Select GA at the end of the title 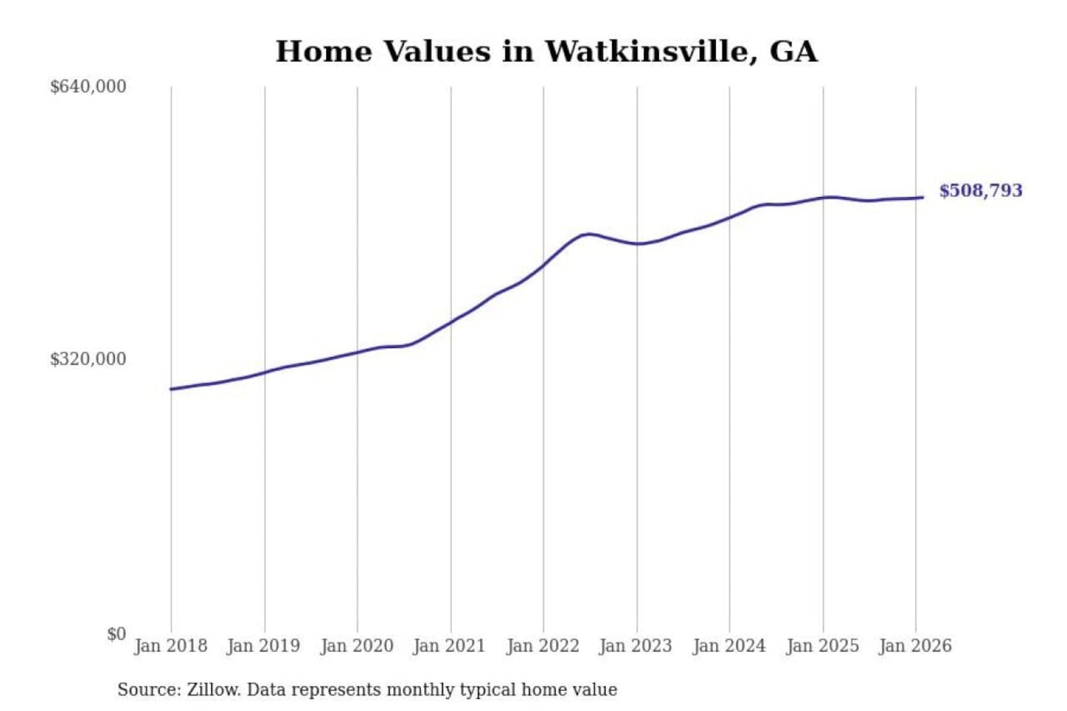pyautogui.click(x=793, y=51)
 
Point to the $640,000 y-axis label pyautogui.click(x=88, y=87)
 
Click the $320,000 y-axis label pyautogui.click(x=88, y=359)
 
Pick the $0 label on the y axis pyautogui.click(x=116, y=634)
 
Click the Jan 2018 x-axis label pyautogui.click(x=170, y=646)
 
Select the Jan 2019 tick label pyautogui.click(x=264, y=646)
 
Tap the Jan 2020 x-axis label pyautogui.click(x=356, y=646)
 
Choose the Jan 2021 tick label pyautogui.click(x=449, y=646)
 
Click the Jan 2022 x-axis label pyautogui.click(x=542, y=646)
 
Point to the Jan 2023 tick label pyautogui.click(x=636, y=646)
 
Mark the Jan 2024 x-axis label pyautogui.click(x=729, y=646)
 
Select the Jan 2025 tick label pyautogui.click(x=822, y=646)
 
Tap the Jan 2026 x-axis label pyautogui.click(x=915, y=646)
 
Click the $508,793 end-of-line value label pyautogui.click(x=980, y=191)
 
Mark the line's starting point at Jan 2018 pyautogui.click(x=171, y=389)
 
